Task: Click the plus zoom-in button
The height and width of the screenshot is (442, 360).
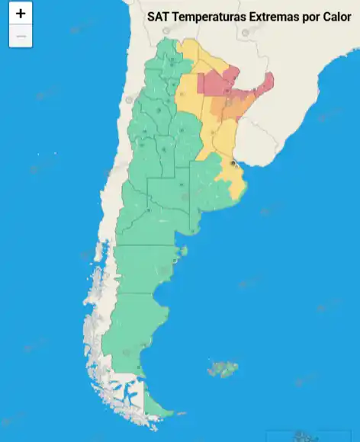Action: pos(21,14)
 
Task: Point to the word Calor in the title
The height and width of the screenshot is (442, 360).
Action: pos(335,16)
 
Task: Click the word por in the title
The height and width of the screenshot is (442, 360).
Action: pos(308,16)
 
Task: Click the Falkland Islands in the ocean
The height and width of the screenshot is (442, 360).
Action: pos(223,370)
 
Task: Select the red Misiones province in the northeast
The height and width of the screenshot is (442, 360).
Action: pos(265,83)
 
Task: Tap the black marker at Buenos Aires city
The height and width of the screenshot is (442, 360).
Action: pos(233,163)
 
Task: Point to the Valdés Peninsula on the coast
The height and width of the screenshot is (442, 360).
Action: pos(181,251)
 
